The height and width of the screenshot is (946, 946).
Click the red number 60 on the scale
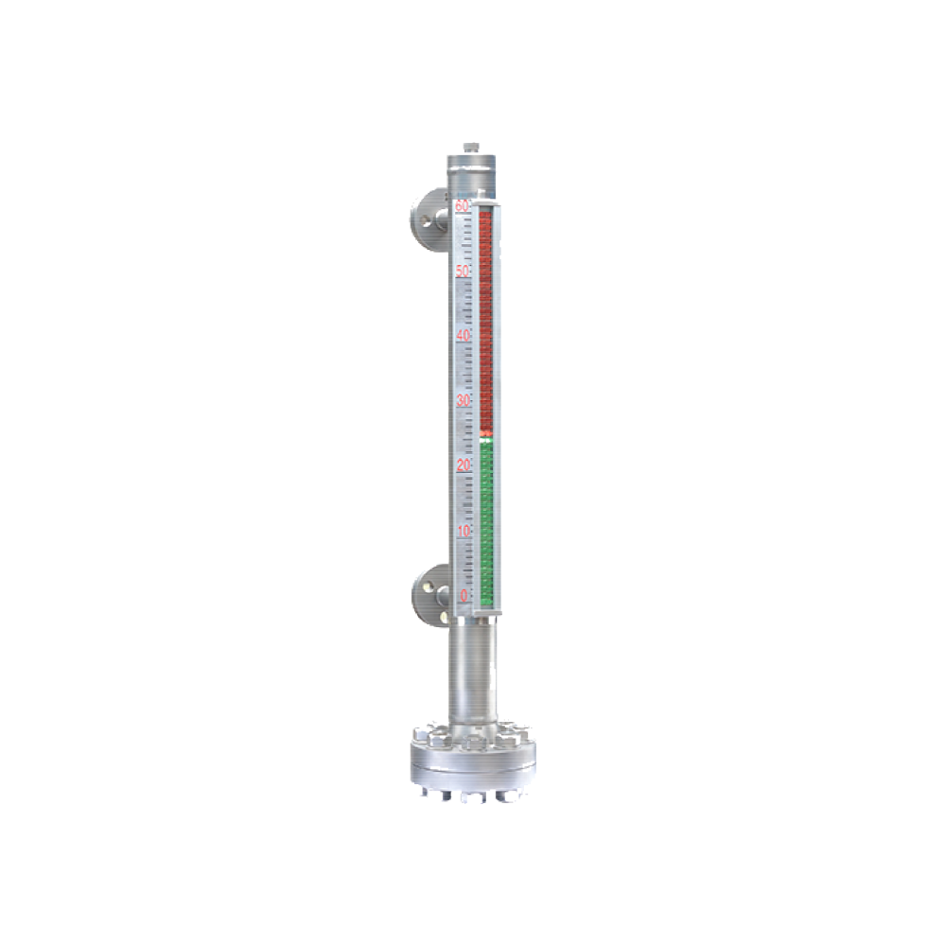click(x=463, y=205)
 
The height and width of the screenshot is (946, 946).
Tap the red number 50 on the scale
click(x=463, y=271)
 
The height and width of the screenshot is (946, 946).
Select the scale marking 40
click(x=463, y=336)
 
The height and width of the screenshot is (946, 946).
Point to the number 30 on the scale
click(x=463, y=400)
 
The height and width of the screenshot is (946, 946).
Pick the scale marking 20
click(x=463, y=465)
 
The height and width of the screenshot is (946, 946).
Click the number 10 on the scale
click(x=463, y=531)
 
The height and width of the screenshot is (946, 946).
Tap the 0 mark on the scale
click(x=464, y=595)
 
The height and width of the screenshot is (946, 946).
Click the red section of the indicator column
click(x=486, y=322)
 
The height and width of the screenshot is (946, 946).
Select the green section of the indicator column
click(x=486, y=520)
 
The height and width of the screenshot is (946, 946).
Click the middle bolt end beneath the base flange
click(x=468, y=797)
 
